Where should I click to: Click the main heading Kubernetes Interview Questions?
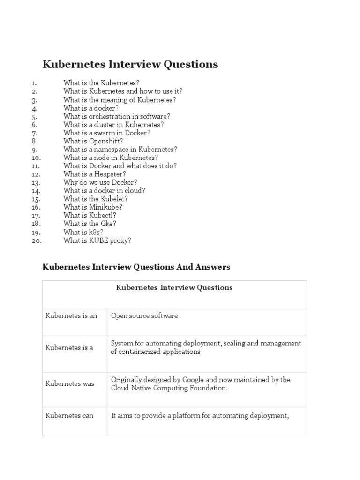click(130, 65)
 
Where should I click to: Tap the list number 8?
click(34, 141)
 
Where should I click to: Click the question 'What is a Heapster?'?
click(95, 174)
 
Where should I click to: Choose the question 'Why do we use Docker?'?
click(100, 182)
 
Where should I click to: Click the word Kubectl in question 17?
click(102, 215)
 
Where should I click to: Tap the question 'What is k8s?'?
click(83, 232)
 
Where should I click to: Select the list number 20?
click(37, 240)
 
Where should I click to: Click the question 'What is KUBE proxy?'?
click(97, 240)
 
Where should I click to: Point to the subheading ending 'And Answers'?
click(136, 267)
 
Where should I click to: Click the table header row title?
click(174, 288)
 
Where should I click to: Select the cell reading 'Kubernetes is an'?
click(71, 316)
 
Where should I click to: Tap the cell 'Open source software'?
click(144, 316)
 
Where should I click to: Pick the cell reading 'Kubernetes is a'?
click(69, 348)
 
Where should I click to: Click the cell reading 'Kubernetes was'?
click(70, 384)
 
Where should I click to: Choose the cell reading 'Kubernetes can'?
click(69, 416)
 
